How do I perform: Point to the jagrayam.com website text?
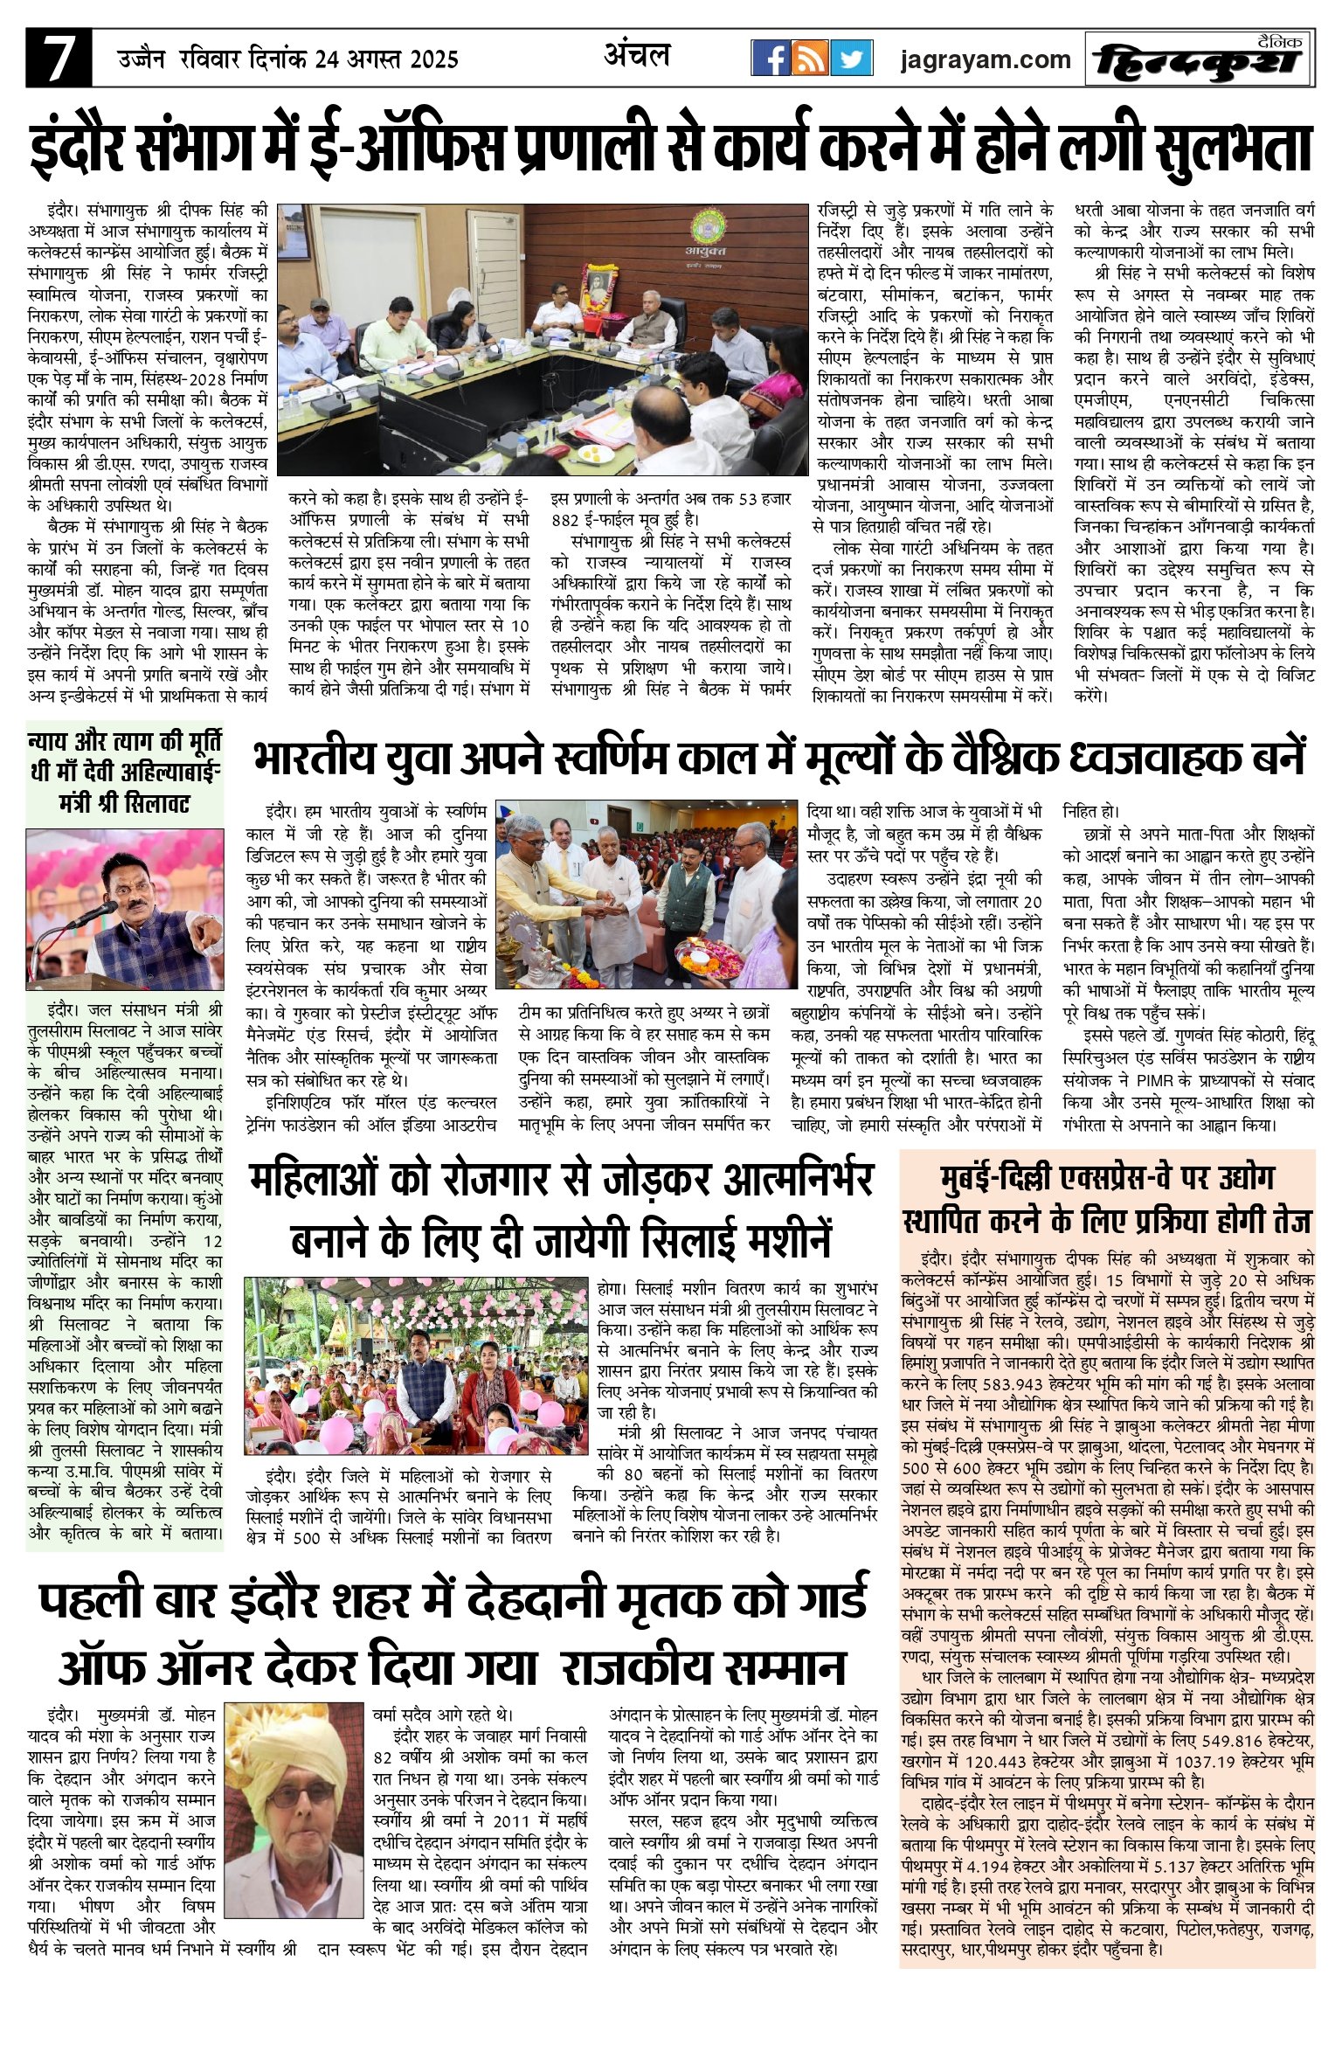coord(986,59)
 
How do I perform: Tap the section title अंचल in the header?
coord(637,56)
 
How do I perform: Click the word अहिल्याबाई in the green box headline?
coord(151,773)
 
